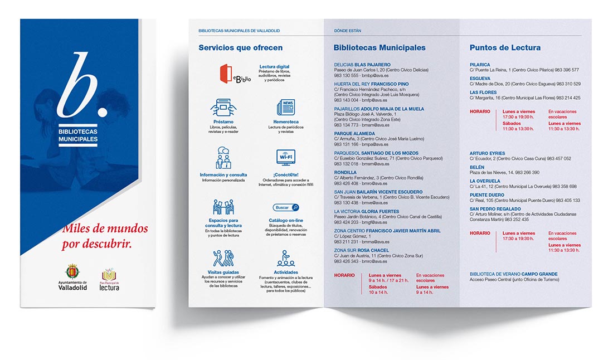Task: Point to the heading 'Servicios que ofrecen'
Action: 240,48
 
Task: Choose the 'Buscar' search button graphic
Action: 286,207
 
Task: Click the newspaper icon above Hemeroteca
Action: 286,107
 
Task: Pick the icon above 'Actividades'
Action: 286,258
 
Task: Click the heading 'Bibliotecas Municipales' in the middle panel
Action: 380,48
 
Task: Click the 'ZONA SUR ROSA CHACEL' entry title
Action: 361,250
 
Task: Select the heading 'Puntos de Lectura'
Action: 505,48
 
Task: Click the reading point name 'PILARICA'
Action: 480,65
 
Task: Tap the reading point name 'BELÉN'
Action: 477,167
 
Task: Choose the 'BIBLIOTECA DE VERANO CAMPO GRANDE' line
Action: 513,274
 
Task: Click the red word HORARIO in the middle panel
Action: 344,275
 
